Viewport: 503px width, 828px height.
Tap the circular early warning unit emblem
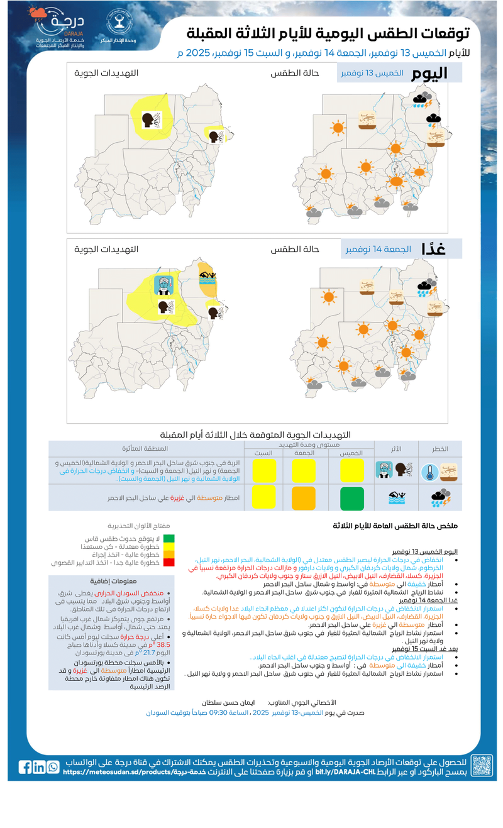(118, 23)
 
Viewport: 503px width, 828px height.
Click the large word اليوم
(429, 73)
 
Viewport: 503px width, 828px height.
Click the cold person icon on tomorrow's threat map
(164, 285)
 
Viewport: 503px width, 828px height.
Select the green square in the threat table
(352, 498)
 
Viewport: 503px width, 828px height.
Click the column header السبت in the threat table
(263, 453)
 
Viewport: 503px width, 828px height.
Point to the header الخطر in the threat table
(439, 448)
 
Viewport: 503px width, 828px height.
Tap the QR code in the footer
(482, 766)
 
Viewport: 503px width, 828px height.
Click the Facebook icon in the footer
(25, 767)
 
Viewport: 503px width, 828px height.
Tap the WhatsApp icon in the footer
(53, 767)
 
